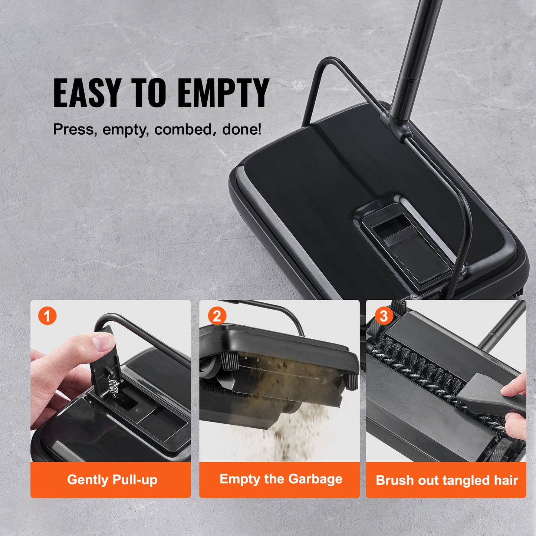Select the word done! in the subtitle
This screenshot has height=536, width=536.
pyautogui.click(x=241, y=129)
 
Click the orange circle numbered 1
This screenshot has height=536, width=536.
pyautogui.click(x=47, y=316)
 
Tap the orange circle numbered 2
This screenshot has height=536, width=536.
pyautogui.click(x=217, y=316)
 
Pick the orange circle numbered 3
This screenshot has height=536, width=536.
pyautogui.click(x=384, y=316)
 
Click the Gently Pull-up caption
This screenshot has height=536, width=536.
pyautogui.click(x=112, y=480)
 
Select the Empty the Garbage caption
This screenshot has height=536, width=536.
pyautogui.click(x=281, y=479)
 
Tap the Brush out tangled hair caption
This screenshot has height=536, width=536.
pyautogui.click(x=447, y=480)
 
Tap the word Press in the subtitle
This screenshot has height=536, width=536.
pyautogui.click(x=73, y=129)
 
